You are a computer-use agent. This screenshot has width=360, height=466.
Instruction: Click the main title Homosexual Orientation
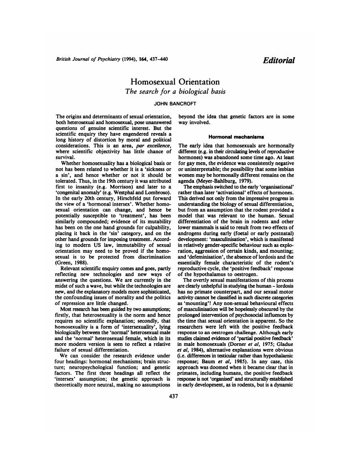click(175, 82)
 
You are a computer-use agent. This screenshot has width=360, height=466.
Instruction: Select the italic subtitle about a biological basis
click(175, 92)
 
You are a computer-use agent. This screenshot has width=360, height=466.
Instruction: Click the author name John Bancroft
click(175, 103)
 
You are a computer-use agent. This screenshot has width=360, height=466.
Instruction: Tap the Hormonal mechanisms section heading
click(236, 136)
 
